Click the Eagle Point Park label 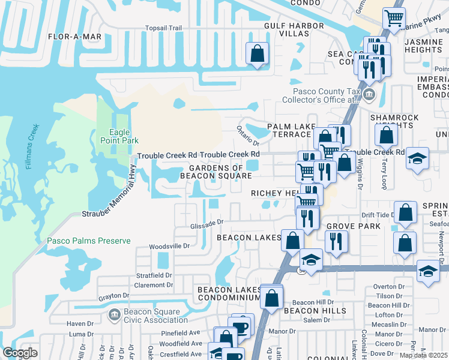pos(116,136)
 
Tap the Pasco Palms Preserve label pos(89,241)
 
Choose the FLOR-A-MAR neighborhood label pos(75,37)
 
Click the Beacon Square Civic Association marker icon pos(114,314)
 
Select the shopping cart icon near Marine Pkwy pos(394,18)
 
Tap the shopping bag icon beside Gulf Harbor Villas pos(257,53)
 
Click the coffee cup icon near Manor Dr pos(241,326)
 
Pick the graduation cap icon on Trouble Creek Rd pos(417,159)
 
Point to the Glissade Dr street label pos(206,221)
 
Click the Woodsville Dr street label pos(169,246)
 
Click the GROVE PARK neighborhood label pos(354,226)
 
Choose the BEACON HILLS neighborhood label pos(315,311)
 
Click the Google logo pos(20,353)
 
